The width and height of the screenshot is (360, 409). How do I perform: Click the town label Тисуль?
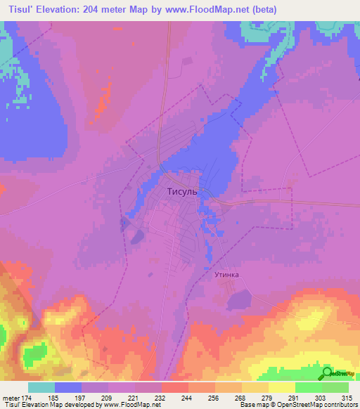point(181,191)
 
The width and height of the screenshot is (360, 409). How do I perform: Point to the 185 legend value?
point(52,398)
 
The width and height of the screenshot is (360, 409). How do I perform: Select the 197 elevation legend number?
point(79,398)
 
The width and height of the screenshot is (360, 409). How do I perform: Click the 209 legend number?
point(107,398)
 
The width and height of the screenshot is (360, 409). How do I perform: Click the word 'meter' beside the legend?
point(10,398)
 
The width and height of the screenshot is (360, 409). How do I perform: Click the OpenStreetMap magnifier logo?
point(328,374)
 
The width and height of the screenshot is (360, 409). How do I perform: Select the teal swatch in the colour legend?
point(41,387)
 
